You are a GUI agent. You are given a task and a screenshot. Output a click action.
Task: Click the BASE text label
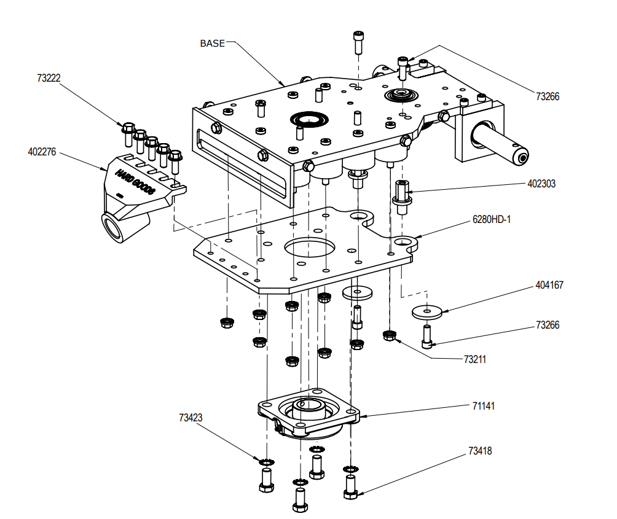click(x=212, y=43)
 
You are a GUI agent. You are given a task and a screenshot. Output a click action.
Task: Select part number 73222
click(x=49, y=78)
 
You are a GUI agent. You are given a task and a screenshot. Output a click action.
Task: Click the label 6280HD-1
click(x=492, y=219)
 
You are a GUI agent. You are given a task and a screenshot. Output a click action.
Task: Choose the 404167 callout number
click(x=549, y=285)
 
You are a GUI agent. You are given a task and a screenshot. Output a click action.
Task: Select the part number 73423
click(x=191, y=418)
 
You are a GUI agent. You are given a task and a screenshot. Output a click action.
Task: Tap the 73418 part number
click(x=480, y=451)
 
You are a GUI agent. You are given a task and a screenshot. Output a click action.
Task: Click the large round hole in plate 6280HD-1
click(x=310, y=248)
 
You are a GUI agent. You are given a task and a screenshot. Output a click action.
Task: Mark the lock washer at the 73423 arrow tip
click(x=266, y=461)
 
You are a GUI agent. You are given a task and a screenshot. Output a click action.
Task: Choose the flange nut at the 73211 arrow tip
click(x=388, y=335)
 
